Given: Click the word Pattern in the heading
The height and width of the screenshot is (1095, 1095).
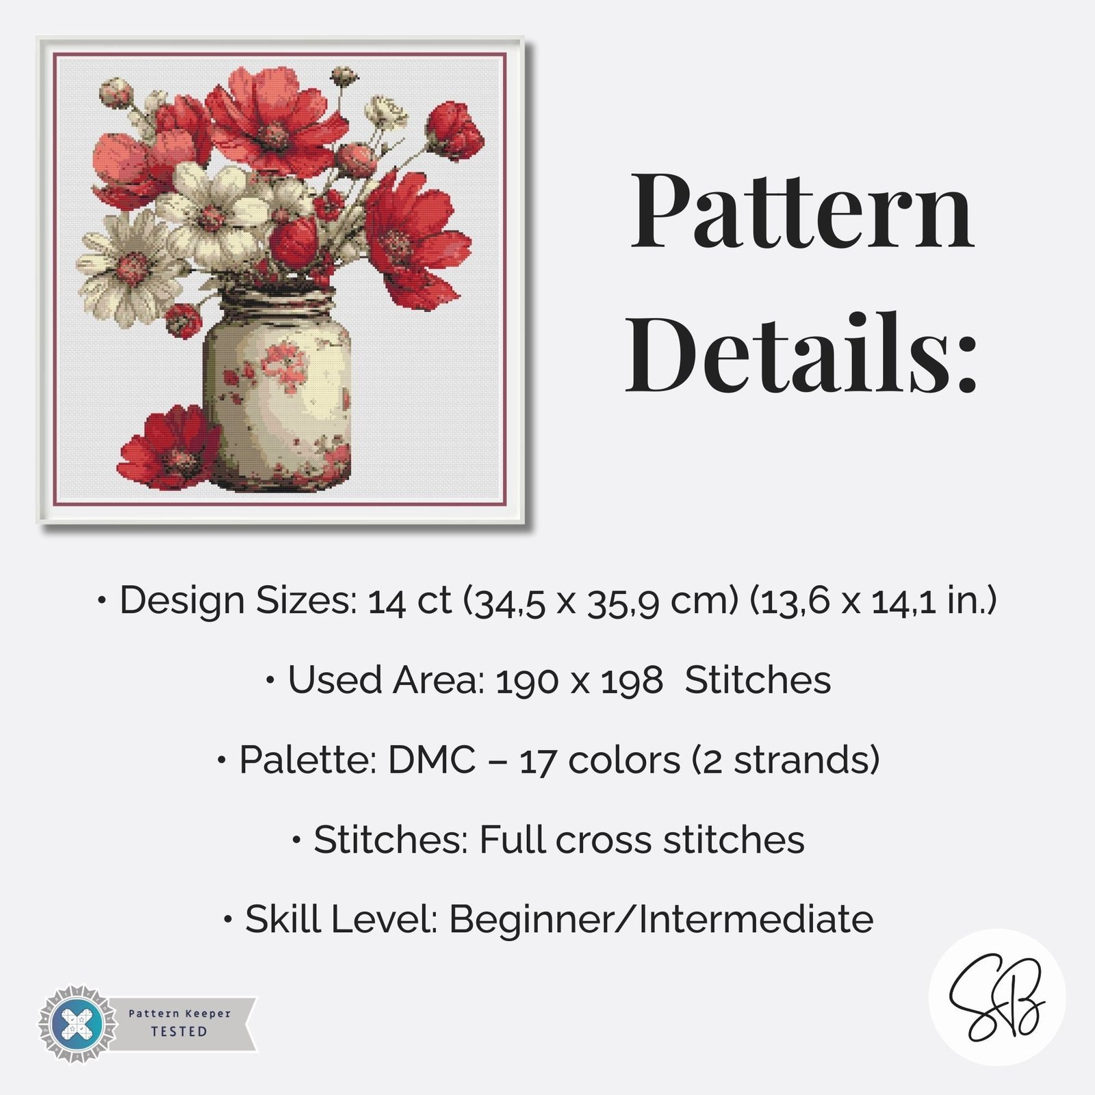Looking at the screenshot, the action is (x=802, y=210).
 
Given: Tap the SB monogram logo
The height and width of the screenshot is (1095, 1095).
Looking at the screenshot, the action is (x=996, y=996).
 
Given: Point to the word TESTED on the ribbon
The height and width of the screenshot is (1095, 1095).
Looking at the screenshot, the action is (x=179, y=1031).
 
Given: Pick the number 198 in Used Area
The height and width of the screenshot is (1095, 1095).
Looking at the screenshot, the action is (x=632, y=681).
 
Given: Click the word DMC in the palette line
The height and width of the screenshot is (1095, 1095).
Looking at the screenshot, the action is (x=432, y=760).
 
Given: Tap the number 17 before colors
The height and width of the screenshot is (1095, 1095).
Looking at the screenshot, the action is (x=538, y=761).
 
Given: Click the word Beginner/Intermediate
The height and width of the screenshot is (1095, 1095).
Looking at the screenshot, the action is (x=661, y=919).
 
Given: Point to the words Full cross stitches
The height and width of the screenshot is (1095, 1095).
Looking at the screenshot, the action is (x=642, y=840).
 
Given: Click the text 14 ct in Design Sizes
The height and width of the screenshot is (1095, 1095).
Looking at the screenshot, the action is (x=409, y=602).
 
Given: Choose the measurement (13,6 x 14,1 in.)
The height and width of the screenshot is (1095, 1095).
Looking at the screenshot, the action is (x=873, y=601).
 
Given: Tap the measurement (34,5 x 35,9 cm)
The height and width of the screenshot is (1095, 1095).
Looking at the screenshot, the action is (x=601, y=601).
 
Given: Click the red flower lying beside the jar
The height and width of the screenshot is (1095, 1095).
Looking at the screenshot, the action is (x=170, y=448).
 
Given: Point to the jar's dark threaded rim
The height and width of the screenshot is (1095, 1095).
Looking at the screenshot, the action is (x=278, y=301).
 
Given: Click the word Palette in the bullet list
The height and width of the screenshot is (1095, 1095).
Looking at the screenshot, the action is (x=308, y=760).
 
